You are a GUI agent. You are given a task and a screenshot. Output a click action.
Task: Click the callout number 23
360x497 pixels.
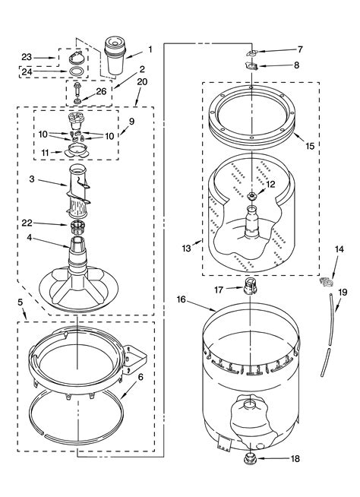click(x=27, y=57)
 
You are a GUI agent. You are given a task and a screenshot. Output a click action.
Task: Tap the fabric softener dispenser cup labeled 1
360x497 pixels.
click(x=115, y=55)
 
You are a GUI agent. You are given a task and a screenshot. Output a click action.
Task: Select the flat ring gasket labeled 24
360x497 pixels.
click(x=77, y=71)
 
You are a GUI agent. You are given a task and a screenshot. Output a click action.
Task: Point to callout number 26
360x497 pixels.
click(x=101, y=91)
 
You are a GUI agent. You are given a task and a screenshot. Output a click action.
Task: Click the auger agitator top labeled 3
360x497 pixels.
click(x=78, y=190)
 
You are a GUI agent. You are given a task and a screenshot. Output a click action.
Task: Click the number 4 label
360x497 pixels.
click(x=30, y=237)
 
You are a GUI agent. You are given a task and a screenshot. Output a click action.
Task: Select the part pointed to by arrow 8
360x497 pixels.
click(x=251, y=66)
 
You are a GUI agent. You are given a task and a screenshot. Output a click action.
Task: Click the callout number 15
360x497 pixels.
click(x=310, y=146)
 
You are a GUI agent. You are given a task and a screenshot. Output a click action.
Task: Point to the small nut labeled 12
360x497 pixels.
click(x=251, y=196)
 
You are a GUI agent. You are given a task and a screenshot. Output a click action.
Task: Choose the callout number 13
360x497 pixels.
click(x=186, y=248)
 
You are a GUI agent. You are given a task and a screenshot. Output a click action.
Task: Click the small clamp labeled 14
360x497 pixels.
click(x=327, y=281)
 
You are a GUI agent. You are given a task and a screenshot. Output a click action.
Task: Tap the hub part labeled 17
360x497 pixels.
click(x=250, y=286)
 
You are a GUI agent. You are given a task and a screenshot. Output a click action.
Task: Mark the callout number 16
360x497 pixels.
click(x=181, y=299)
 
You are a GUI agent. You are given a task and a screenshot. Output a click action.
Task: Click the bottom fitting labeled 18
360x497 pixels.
click(x=250, y=458)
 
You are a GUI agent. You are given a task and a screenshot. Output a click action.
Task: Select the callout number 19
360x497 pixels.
click(x=343, y=293)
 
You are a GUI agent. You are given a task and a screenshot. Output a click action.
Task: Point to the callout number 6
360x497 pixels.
click(x=140, y=377)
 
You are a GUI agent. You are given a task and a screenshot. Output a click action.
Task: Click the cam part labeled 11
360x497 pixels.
click(x=77, y=150)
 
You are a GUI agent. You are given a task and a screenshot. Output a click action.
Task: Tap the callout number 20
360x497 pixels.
click(x=142, y=82)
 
